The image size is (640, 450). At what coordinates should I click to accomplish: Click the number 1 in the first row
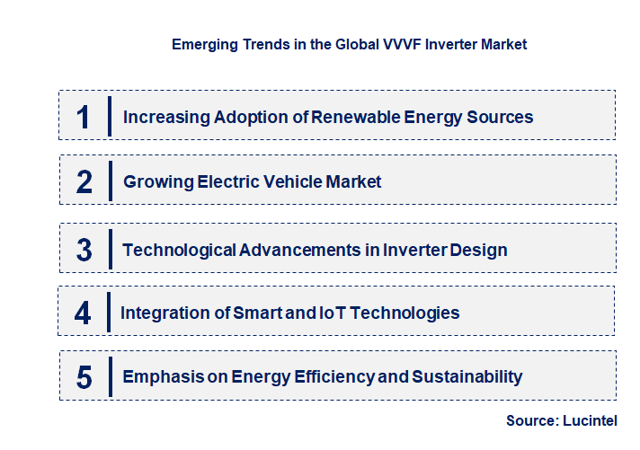(x=83, y=117)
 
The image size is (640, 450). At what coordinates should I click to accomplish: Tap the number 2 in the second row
(x=84, y=182)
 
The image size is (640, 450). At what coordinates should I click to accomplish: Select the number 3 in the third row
(x=84, y=250)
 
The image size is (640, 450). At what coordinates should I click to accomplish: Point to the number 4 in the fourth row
(x=83, y=313)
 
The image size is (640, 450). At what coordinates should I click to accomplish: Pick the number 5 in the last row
(x=84, y=377)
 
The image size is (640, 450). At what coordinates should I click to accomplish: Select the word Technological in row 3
(x=180, y=250)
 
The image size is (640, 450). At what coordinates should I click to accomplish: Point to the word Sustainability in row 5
(x=467, y=377)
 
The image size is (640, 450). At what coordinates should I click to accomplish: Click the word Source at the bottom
(x=531, y=419)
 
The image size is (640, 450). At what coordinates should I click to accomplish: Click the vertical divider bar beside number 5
(x=109, y=375)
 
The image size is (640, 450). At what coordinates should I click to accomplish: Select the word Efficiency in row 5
(x=336, y=377)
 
